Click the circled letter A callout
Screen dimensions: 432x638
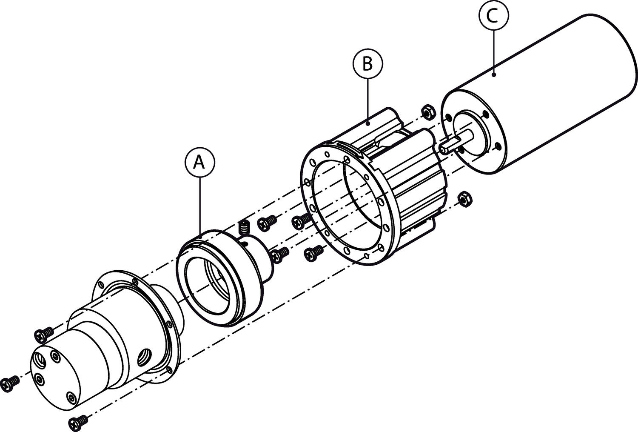tap(199, 163)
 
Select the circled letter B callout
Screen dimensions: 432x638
tap(367, 64)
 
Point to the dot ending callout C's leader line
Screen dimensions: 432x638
tap(493, 75)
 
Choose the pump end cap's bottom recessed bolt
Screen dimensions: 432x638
tap(70, 398)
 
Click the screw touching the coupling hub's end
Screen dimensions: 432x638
tap(279, 255)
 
